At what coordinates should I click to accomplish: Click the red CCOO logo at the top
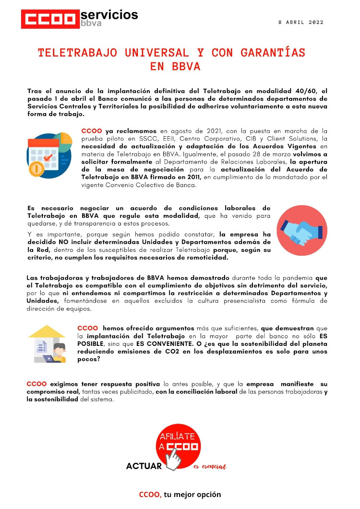[50, 19]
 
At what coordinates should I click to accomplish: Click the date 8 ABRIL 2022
[301, 22]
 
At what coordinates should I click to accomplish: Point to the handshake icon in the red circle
[301, 229]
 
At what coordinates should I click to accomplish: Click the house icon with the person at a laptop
[47, 344]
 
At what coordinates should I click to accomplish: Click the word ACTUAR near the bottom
[144, 466]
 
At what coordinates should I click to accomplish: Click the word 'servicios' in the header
[109, 14]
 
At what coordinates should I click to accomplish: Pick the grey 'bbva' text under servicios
[91, 24]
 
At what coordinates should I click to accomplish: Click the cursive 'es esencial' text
[210, 467]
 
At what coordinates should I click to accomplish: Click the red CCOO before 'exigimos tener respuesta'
[36, 384]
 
